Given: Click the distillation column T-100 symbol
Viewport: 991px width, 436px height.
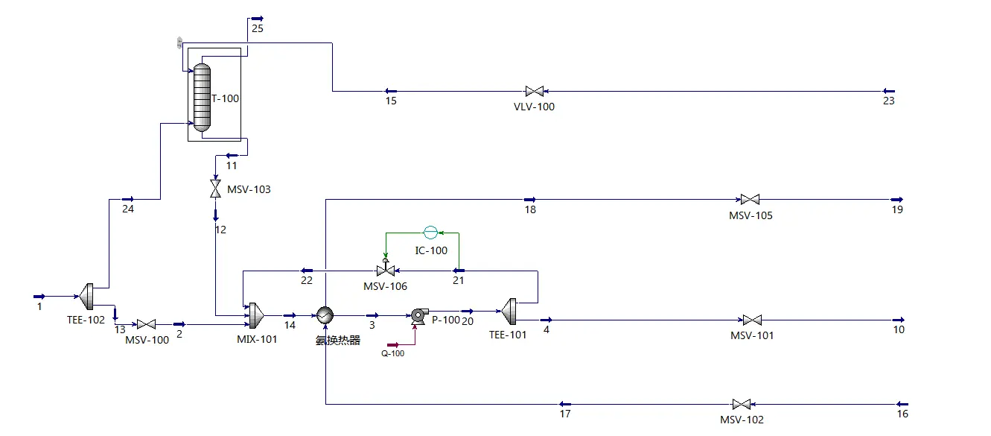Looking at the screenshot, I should click(202, 97).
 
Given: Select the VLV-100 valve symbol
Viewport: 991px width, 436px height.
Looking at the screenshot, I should click(534, 92).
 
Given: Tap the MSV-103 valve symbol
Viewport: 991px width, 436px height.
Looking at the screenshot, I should click(215, 189).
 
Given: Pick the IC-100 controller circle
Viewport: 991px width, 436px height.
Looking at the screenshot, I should click(430, 232).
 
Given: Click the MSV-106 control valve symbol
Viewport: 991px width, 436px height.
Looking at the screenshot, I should click(386, 269).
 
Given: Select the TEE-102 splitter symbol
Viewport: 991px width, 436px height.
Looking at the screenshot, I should click(86, 296).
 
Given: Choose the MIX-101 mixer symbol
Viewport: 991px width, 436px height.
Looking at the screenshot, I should click(255, 315).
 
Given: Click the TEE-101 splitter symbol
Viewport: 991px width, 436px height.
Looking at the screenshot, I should click(509, 311).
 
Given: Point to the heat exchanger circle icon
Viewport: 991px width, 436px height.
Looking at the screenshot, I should click(325, 316).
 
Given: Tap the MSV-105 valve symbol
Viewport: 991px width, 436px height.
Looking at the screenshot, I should click(749, 200).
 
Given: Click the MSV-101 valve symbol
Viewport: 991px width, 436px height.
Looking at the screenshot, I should click(752, 320).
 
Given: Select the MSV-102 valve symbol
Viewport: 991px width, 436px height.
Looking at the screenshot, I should click(741, 404).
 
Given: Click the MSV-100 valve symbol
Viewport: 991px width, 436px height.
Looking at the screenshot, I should click(146, 324).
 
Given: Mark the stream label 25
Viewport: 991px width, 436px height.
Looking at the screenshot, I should click(258, 29).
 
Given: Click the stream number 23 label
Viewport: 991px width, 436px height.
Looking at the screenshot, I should click(888, 101).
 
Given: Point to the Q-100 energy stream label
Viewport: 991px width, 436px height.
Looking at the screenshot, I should click(392, 353).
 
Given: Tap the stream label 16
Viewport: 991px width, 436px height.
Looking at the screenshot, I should click(902, 414).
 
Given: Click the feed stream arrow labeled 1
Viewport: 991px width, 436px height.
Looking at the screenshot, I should click(39, 296).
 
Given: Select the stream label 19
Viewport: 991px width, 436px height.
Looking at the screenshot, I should click(897, 209).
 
